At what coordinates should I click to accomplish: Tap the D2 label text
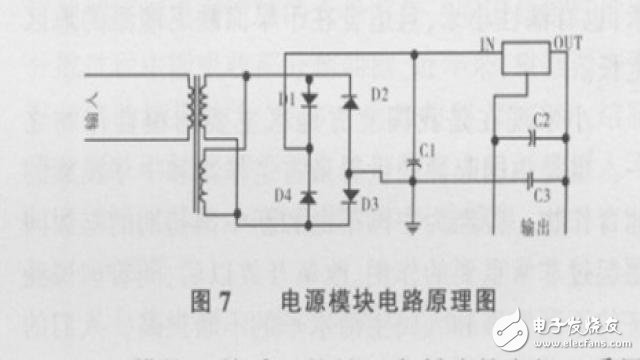pyautogui.click(x=379, y=95)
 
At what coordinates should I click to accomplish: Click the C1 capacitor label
pyautogui.click(x=428, y=150)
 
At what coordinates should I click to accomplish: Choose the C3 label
pyautogui.click(x=541, y=194)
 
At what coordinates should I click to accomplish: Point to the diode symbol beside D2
pyautogui.click(x=349, y=101)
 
